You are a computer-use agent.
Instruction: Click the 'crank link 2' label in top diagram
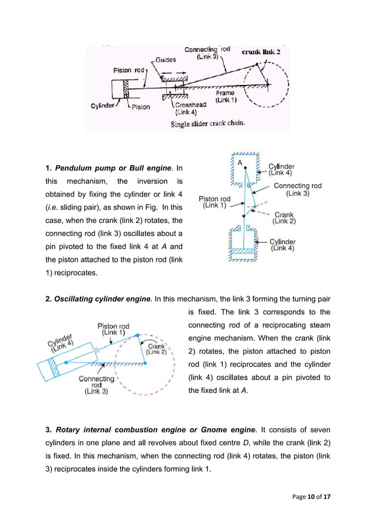click(261, 52)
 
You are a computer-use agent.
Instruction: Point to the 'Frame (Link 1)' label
click(225, 96)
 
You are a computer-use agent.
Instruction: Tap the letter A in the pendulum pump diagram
click(239, 162)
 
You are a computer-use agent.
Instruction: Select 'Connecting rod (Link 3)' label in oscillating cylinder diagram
click(97, 385)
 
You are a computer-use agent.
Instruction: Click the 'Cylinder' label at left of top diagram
click(102, 107)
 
